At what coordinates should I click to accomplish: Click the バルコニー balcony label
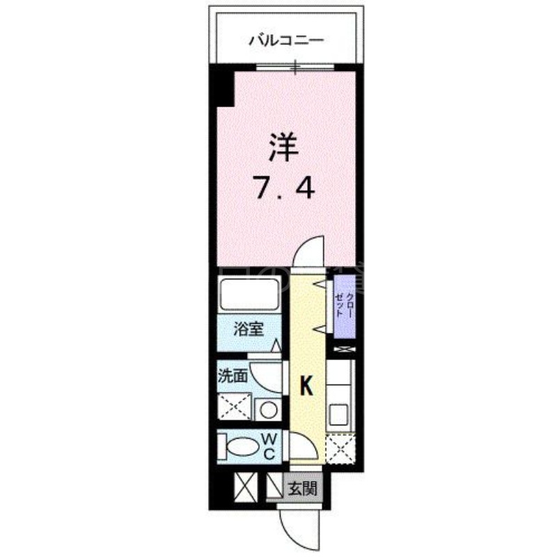tap(286, 40)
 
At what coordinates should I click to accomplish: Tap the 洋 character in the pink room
tap(283, 148)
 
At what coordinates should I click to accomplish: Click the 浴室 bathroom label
tap(249, 329)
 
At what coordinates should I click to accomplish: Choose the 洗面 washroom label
tap(233, 376)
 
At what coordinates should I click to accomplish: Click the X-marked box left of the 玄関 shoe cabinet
tap(246, 487)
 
